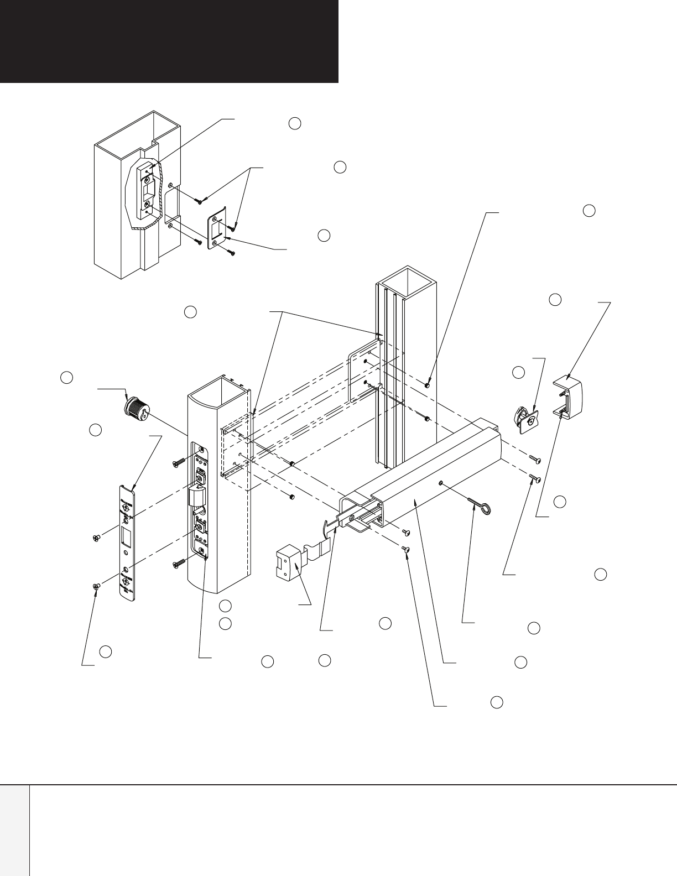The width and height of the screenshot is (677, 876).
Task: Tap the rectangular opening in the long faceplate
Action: (125, 536)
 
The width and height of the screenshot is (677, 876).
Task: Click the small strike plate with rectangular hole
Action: (218, 232)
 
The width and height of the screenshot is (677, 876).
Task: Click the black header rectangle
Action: (169, 41)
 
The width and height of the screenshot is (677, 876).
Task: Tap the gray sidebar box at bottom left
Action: (14, 830)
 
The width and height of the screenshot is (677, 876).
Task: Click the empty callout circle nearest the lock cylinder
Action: (67, 378)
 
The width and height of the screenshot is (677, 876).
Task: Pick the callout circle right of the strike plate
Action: (324, 235)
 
